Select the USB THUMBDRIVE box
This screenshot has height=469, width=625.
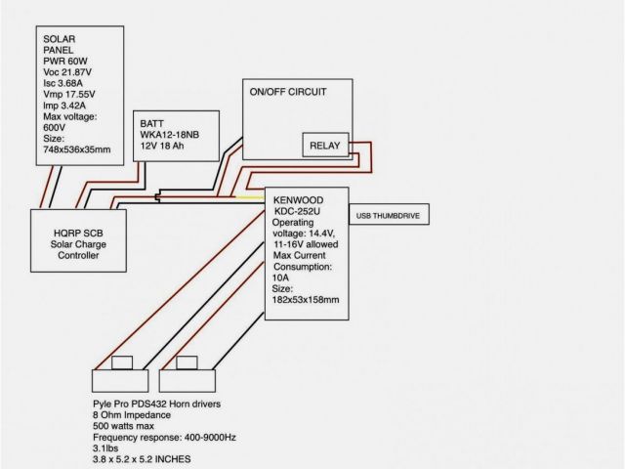[x=389, y=214]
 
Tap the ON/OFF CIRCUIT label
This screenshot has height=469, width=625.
[x=288, y=92]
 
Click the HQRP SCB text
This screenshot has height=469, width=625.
[x=79, y=233]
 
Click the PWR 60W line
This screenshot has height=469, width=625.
[x=66, y=61]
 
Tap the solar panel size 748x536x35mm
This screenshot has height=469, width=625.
[x=77, y=149]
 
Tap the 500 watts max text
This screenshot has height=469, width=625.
[x=121, y=428]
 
